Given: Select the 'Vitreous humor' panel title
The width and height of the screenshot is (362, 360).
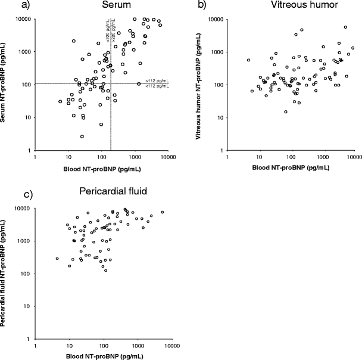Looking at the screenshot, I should pos(289,5).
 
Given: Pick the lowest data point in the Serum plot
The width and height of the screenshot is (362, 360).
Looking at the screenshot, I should pos(82,136).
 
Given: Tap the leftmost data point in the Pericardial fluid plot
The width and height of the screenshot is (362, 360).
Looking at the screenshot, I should pos(57,259).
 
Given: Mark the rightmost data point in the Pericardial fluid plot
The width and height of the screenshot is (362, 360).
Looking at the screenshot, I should pos(162,212).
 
